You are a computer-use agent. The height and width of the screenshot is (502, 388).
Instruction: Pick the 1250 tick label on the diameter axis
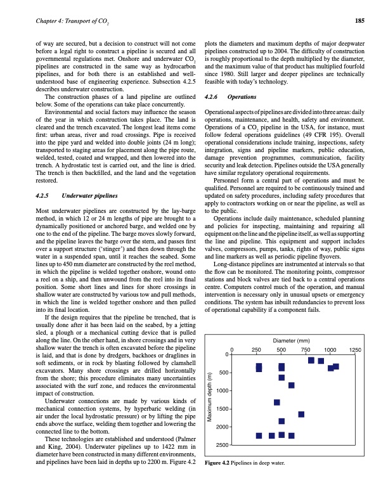pos(355,349)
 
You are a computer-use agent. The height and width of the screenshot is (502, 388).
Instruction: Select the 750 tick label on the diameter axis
pos(306,349)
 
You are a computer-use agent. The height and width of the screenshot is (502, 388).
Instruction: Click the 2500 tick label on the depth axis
pos(221,446)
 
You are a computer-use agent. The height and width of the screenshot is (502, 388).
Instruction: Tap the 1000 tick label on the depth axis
pos(221,390)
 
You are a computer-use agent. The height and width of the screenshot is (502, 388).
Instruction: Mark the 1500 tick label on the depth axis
pos(221,409)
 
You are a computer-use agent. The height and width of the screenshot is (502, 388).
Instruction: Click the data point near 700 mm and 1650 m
pos(301,414)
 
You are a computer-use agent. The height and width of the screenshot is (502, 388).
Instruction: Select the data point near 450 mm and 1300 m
pos(277,402)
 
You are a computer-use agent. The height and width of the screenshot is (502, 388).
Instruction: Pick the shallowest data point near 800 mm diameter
pos(311,360)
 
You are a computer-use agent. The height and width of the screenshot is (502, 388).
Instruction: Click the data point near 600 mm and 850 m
pos(291,385)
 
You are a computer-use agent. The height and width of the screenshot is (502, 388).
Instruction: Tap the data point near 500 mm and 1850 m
pos(281,421)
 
